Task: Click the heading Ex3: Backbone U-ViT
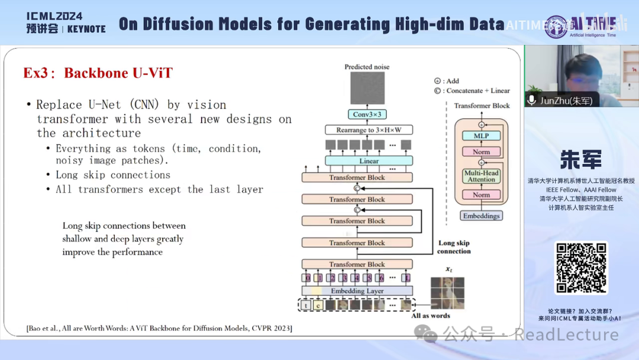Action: (x=98, y=73)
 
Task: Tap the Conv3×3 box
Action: (x=367, y=114)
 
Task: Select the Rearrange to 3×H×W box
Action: (x=369, y=130)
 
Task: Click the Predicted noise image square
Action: (x=367, y=88)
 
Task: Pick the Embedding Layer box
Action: (x=357, y=291)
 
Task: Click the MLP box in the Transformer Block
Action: (x=481, y=136)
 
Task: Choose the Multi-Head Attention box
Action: (x=481, y=176)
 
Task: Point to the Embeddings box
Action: (x=481, y=216)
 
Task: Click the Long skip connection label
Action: (x=454, y=247)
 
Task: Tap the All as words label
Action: (x=431, y=316)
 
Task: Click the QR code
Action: (x=581, y=268)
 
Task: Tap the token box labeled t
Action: (x=305, y=306)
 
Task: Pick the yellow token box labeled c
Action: (x=318, y=306)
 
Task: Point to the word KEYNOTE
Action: (x=86, y=29)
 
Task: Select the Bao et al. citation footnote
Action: (x=159, y=328)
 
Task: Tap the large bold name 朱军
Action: (x=581, y=160)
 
